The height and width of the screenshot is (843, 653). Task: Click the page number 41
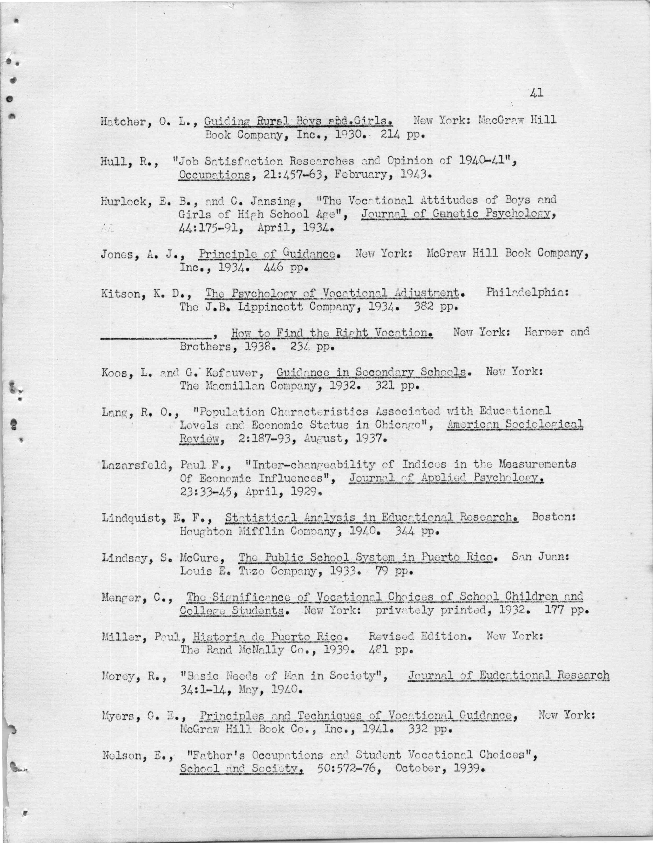click(537, 93)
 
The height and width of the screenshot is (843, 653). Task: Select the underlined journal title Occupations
click(214, 175)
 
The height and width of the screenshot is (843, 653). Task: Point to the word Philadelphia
click(527, 293)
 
